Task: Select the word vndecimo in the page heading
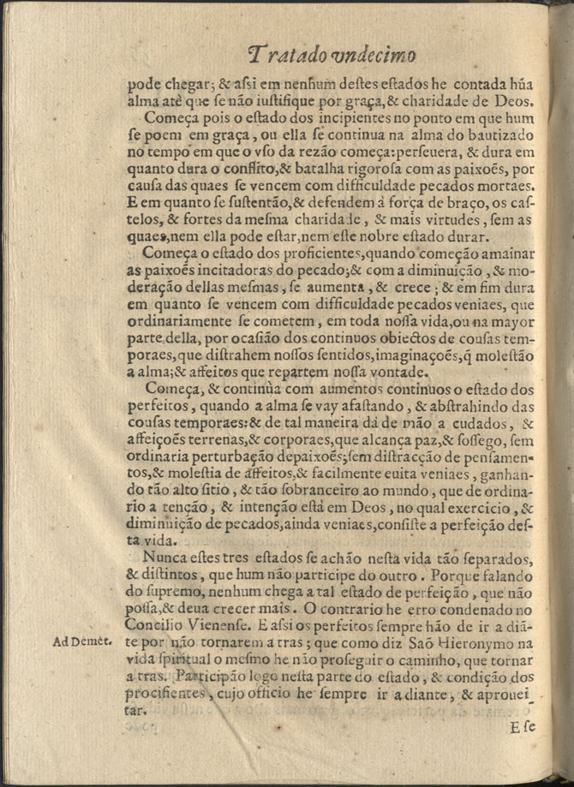click(x=374, y=56)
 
